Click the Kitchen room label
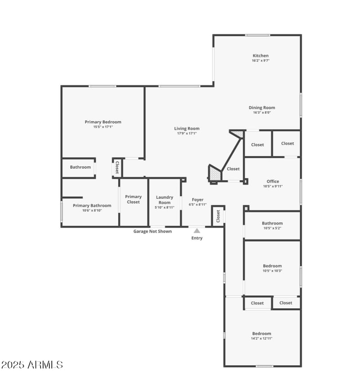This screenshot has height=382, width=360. pos(261,56)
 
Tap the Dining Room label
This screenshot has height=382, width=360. pos(262,108)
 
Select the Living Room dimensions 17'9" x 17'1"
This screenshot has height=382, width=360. pos(186,134)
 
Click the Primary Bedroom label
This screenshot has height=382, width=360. pos(103,122)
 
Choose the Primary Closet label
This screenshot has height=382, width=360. pos(133,199)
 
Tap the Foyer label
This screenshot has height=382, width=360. pos(198,200)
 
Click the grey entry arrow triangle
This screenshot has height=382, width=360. pos(197,231)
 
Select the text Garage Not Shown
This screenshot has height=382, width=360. pos(153,231)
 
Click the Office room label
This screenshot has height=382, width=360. pos(273,181)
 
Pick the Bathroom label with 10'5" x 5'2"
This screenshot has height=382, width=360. pos(272,223)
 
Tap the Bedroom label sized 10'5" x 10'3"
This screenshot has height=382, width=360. pos(272,266)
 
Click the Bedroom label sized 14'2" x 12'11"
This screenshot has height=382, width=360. pos(262,333)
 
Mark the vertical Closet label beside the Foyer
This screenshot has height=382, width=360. pos(218,216)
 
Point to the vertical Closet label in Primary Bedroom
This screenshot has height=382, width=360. pos(117,168)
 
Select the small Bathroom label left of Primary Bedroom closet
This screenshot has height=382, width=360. pos(80,167)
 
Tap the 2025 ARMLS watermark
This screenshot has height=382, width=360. pos(32,364)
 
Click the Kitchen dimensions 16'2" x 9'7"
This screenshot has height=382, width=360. pos(261,61)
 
